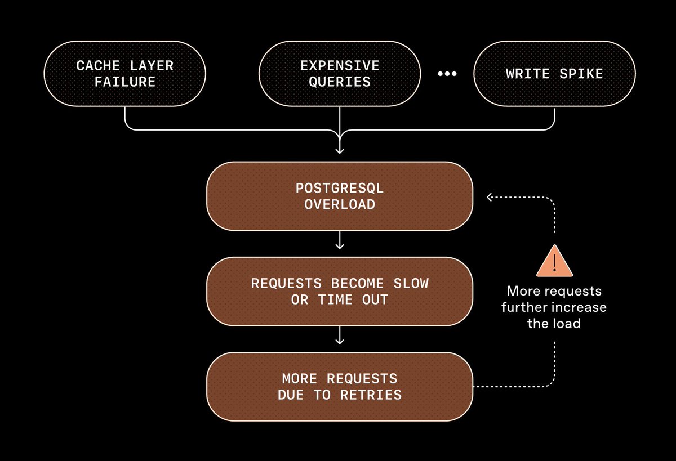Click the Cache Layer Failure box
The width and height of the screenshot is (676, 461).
[125, 73]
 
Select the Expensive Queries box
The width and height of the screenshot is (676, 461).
[339, 73]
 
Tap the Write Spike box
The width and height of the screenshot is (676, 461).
[554, 73]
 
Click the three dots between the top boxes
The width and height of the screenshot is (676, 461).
[447, 74]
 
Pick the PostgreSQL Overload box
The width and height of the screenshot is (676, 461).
[339, 196]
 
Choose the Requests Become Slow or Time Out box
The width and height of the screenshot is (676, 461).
[339, 291]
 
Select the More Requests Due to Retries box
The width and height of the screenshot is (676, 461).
[339, 386]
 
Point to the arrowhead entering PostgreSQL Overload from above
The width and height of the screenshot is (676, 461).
[339, 150]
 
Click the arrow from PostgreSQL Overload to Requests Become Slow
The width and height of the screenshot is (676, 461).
[339, 243]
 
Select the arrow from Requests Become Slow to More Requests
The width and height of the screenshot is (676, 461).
[339, 338]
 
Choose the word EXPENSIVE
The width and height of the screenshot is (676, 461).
[340, 65]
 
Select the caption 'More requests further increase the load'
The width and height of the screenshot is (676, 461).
[554, 307]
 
